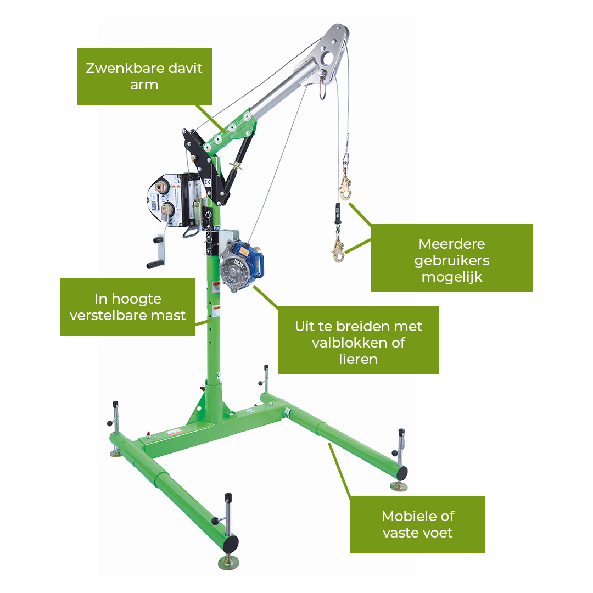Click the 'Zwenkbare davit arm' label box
click(144, 76)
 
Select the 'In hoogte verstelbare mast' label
click(128, 307)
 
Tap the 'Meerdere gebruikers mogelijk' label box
click(451, 258)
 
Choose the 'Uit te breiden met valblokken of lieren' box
click(358, 340)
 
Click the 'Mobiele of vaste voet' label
click(417, 524)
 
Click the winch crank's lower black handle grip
click(155, 264)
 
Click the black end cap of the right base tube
click(401, 473)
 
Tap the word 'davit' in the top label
click(185, 68)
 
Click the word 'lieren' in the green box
click(358, 359)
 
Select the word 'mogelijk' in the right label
click(451, 277)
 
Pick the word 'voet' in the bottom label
click(438, 533)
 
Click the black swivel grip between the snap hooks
click(337, 214)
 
